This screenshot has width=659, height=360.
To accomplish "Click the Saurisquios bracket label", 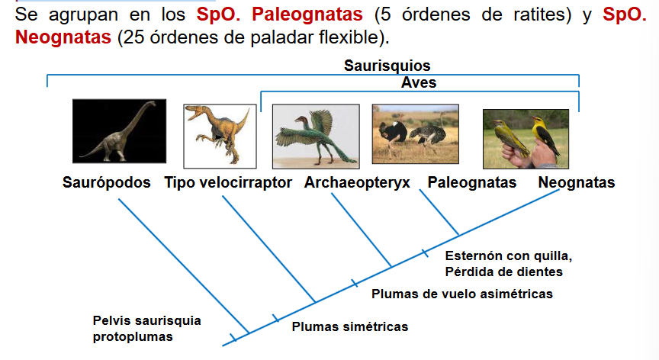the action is coord(387,66).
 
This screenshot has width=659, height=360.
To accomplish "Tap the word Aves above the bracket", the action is coord(419,82).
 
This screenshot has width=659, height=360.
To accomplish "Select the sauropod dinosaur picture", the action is coord(119,131).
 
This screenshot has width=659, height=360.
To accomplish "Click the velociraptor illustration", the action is coord(220,136).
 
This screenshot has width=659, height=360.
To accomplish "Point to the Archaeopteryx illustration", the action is coord(316,137).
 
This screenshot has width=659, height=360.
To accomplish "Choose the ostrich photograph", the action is coord(416,134).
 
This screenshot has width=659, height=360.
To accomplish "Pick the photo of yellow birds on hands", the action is coord(526,139).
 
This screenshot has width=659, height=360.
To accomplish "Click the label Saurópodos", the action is coord(106,183).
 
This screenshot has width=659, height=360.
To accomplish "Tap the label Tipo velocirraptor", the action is coord(228,183).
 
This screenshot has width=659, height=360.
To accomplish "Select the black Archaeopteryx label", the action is coord(357,183).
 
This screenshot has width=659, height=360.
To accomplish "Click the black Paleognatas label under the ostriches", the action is coord(472,183).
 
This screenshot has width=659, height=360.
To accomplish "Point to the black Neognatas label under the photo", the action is coord(577,183).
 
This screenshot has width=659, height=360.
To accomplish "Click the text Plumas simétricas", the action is coord(350,326).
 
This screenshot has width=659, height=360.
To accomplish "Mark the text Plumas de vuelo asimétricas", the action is coord(462,294).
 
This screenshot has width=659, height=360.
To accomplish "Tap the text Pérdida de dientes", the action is coord(503,272).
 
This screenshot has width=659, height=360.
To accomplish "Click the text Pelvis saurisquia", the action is coord(146,320).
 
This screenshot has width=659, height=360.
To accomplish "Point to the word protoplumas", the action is coord(133,337).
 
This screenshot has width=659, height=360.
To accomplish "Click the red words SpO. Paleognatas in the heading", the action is coord(279,14).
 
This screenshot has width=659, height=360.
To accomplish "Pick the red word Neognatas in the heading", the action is coord(63,37).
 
